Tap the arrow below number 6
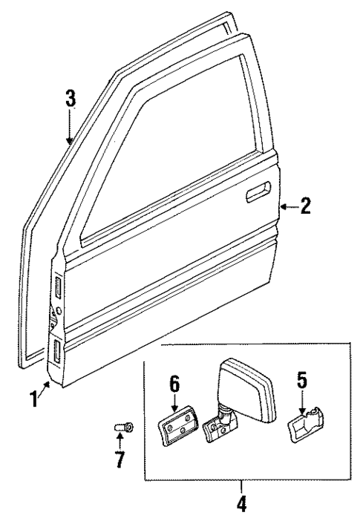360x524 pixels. (x=174, y=402)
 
